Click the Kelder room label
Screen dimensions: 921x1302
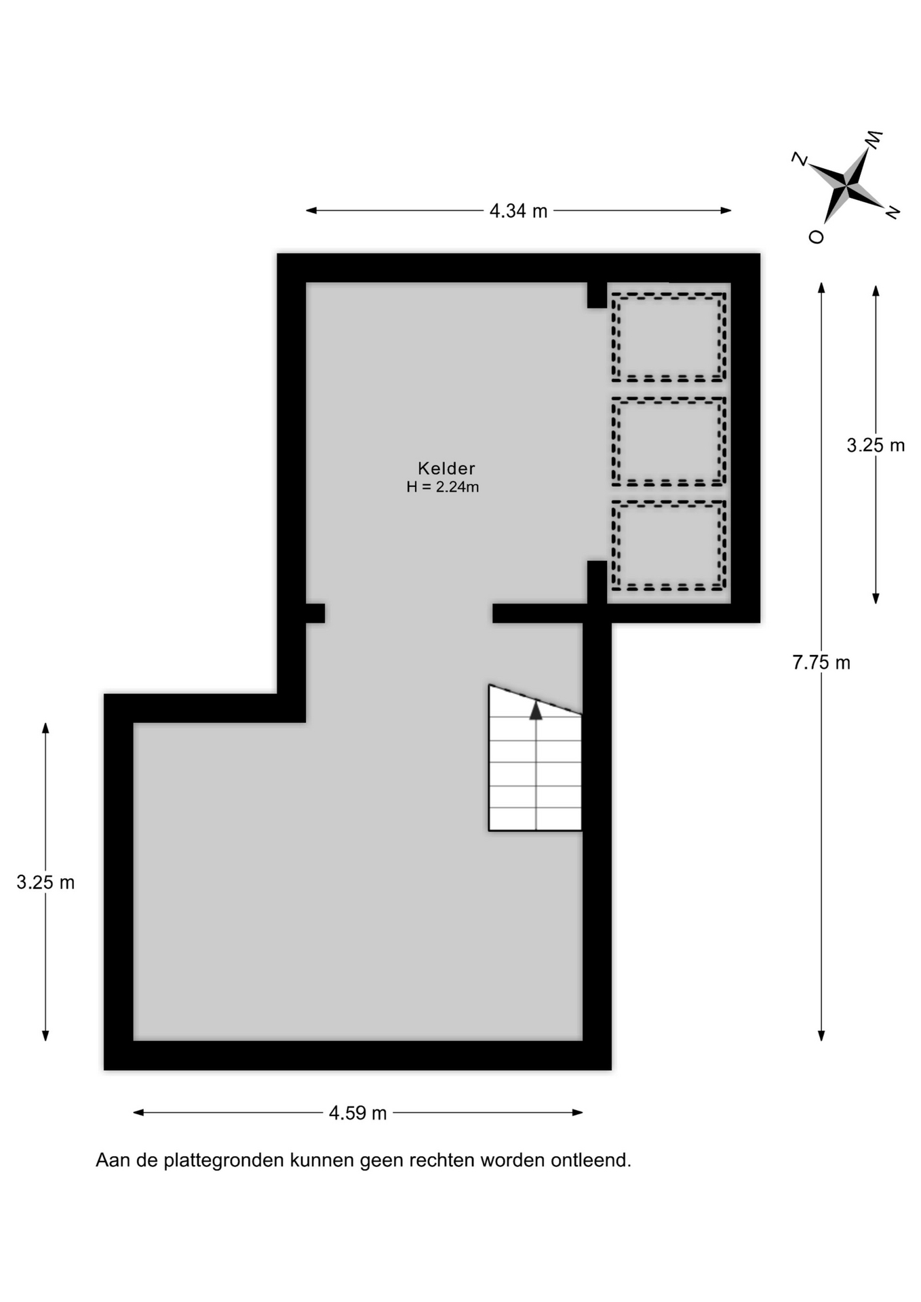click(x=446, y=468)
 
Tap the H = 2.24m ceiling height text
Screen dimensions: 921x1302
click(x=443, y=486)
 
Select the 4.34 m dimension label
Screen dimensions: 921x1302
click(x=518, y=211)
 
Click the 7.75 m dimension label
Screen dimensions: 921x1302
click(x=821, y=663)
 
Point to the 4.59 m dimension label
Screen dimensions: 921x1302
click(x=357, y=1113)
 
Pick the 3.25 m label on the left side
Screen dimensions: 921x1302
click(x=45, y=882)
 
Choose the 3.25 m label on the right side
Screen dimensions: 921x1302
click(x=876, y=445)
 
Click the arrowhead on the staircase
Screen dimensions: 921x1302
click(x=536, y=710)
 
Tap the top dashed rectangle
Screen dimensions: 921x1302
click(x=669, y=294)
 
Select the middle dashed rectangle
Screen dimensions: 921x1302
click(x=669, y=399)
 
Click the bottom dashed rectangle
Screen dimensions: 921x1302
click(x=669, y=503)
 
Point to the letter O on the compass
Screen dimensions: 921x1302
click(x=817, y=236)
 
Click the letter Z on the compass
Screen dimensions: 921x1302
click(x=800, y=159)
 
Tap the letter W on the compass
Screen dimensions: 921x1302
click(x=874, y=139)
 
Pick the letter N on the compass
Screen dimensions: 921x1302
click(x=893, y=212)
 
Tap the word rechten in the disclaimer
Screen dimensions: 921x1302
click(x=442, y=1160)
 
